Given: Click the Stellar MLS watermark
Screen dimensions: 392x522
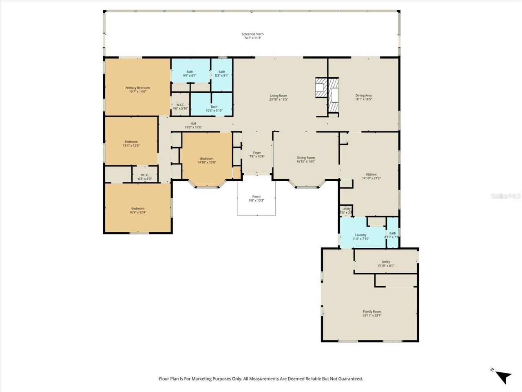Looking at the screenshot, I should coord(506,196).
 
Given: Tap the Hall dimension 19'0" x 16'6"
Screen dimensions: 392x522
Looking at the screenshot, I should coord(193,127).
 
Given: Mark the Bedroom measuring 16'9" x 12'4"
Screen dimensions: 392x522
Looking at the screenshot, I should coord(138,210).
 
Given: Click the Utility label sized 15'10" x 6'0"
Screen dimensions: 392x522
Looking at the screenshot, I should coord(386,264).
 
